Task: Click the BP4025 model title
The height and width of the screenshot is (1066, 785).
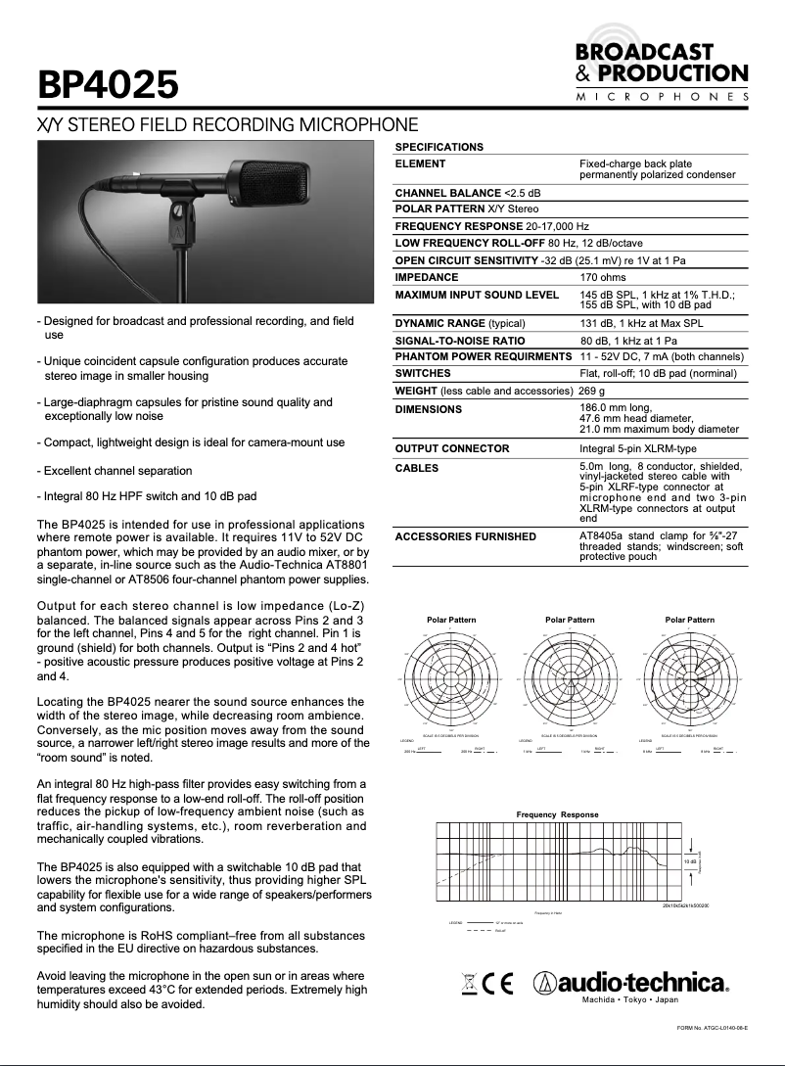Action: point(107,84)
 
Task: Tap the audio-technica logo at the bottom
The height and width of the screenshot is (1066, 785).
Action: point(631,983)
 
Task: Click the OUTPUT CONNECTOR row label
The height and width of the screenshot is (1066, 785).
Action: point(451,448)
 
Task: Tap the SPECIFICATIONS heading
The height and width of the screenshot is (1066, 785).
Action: point(439,147)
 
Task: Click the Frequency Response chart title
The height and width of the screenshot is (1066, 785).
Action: point(557,814)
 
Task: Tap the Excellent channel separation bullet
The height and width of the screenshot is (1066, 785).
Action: point(115,471)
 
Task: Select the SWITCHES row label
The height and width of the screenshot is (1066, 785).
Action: point(423,373)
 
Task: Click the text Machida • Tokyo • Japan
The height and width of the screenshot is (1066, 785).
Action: point(630,999)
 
